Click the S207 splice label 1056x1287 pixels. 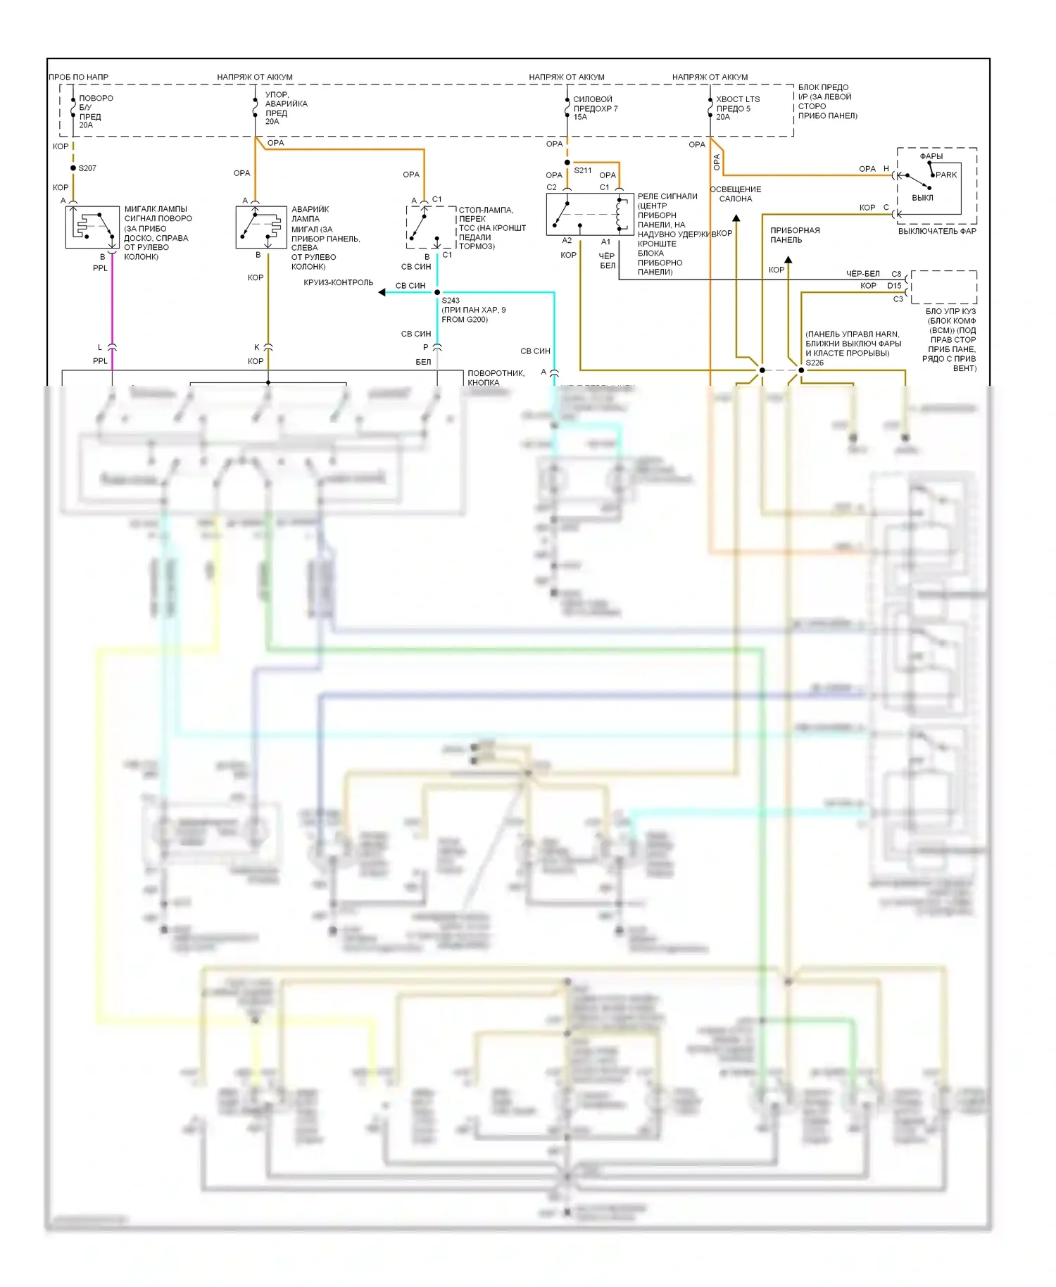pos(87,168)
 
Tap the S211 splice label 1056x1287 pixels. pos(583,170)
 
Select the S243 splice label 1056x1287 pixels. pos(451,301)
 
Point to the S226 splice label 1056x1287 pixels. pos(815,363)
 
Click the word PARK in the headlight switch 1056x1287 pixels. pos(946,175)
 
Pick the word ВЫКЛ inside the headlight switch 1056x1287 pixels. pos(922,198)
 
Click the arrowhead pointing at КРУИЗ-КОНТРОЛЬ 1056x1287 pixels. pos(382,292)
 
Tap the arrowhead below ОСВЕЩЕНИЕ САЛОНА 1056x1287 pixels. pos(736,218)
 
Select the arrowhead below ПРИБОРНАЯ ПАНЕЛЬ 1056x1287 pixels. pos(788,260)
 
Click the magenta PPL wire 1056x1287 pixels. pos(112,303)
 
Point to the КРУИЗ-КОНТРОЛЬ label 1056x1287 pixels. pos(339,283)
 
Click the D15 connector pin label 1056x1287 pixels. pos(894,286)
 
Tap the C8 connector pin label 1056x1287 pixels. pos(896,274)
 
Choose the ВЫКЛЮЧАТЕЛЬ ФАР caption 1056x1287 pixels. pos(937,231)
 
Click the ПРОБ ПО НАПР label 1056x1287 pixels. pos(79,77)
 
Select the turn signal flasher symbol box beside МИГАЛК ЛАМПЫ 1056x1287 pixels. pos(92,227)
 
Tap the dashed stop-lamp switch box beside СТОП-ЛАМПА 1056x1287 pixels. pos(431,227)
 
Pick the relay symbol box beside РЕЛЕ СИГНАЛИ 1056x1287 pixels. pos(590,214)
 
